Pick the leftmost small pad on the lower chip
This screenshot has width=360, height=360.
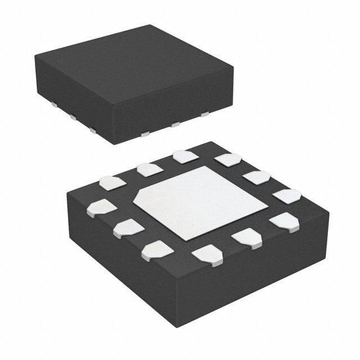point(102,208)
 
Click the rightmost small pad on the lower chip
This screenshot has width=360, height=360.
point(287,196)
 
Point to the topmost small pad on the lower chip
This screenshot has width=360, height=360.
point(186,156)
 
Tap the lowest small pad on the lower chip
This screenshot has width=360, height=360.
point(208,255)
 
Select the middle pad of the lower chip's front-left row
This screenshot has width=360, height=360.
point(128,228)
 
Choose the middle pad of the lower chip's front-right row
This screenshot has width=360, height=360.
point(247,238)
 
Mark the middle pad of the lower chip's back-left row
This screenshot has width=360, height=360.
point(150,169)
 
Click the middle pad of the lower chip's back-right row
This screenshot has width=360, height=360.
point(257,177)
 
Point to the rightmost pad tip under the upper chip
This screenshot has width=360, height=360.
point(204,114)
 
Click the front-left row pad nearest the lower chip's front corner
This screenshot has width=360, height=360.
point(157,250)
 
